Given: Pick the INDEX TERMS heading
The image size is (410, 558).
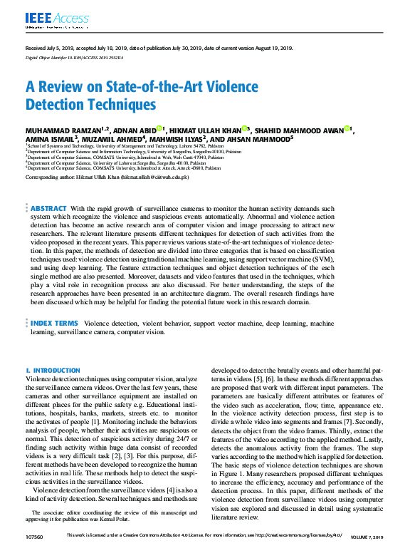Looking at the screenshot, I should (54, 324).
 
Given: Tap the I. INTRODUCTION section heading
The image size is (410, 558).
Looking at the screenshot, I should (53, 371).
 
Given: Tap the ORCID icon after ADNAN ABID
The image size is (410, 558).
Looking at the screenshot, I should (160, 128).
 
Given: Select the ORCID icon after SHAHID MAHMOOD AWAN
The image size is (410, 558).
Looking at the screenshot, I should (347, 128).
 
